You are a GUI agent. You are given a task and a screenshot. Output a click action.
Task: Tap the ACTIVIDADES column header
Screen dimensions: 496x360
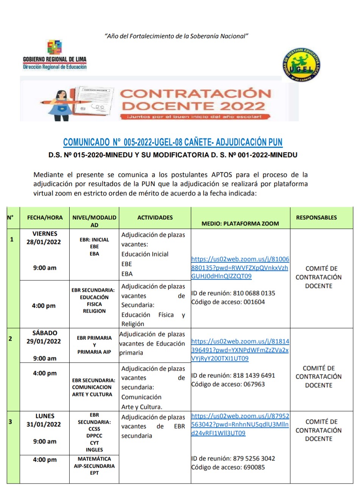[155, 217]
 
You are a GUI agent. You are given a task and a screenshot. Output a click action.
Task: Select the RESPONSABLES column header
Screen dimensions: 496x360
[316, 217]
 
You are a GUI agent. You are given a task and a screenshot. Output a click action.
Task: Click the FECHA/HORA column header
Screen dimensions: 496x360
[45, 217]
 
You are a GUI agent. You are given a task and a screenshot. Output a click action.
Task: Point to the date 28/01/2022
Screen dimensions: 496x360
[44, 242]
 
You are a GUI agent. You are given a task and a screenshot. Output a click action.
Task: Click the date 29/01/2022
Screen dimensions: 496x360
[44, 341]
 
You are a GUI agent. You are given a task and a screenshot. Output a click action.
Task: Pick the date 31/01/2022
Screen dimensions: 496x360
[44, 424]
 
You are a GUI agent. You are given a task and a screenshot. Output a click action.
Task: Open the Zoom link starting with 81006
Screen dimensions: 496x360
[240, 268]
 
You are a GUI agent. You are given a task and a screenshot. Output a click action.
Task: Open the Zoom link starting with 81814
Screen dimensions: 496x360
[240, 350]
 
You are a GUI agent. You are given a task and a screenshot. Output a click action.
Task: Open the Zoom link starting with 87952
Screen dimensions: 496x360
[240, 424]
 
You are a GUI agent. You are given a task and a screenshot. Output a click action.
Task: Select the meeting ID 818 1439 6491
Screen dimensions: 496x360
[254, 376]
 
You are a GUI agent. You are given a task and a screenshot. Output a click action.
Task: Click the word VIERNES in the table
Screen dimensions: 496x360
[45, 234]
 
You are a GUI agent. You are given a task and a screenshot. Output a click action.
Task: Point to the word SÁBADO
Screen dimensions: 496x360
[45, 333]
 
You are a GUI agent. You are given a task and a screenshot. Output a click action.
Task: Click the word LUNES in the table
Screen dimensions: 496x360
[45, 416]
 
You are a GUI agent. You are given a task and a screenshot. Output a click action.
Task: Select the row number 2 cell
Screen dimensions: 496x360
[10, 339]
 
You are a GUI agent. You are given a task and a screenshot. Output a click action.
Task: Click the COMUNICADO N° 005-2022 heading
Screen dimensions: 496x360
[173, 142]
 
